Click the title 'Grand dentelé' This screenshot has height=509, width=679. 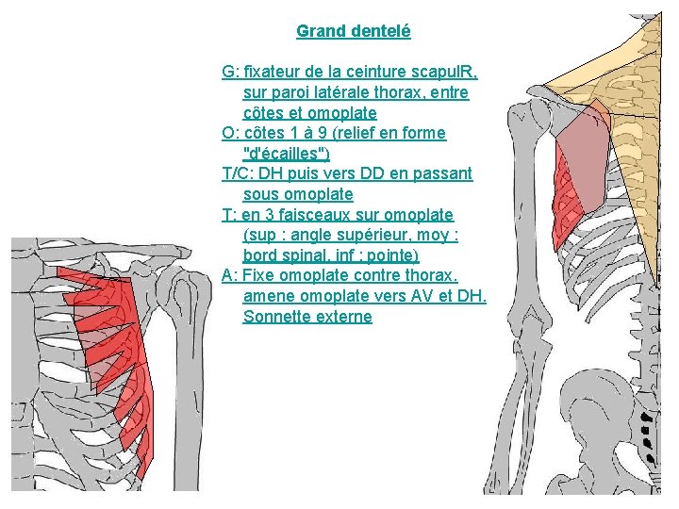click(x=353, y=31)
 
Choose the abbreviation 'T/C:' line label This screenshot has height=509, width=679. click(x=239, y=173)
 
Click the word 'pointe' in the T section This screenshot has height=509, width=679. click(x=391, y=255)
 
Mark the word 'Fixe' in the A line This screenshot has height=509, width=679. click(x=258, y=276)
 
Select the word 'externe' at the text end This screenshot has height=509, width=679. click(x=340, y=317)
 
